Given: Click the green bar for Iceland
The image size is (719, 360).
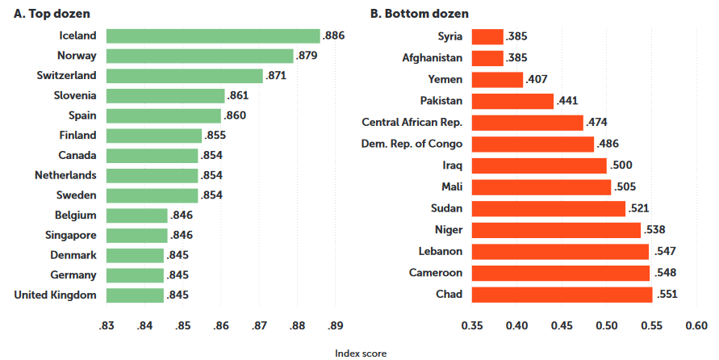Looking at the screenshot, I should (x=213, y=36).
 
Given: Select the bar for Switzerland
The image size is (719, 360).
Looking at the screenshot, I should (x=185, y=76).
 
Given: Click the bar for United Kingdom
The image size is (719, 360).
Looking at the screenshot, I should (x=135, y=295).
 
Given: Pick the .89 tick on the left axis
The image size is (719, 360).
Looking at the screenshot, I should (x=336, y=326).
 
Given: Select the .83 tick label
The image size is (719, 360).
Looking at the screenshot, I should (x=106, y=326).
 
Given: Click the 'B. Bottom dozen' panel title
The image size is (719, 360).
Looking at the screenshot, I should (x=420, y=14).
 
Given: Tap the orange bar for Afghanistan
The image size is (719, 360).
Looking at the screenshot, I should (x=487, y=58).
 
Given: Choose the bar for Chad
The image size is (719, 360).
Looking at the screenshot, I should (x=562, y=295).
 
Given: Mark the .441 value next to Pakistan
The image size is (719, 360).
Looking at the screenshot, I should (x=568, y=101).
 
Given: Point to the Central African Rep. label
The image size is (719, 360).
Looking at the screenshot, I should (x=412, y=123).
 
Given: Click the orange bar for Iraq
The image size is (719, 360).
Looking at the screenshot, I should (x=539, y=165).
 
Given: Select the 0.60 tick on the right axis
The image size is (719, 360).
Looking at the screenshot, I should (x=696, y=326).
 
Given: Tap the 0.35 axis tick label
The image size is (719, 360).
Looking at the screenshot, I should (x=472, y=326).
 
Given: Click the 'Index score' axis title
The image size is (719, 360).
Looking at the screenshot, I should (x=360, y=353).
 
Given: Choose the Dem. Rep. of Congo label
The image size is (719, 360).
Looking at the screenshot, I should (x=412, y=144).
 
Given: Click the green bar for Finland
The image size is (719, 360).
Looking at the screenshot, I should (x=153, y=136).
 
